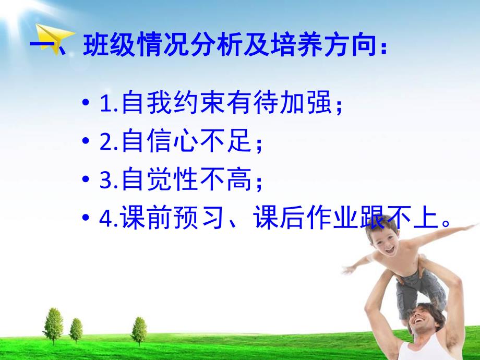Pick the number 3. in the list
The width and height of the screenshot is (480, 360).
tap(108, 180)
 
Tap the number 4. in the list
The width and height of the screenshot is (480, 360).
tap(108, 219)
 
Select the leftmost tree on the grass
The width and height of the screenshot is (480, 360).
tap(53, 325)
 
